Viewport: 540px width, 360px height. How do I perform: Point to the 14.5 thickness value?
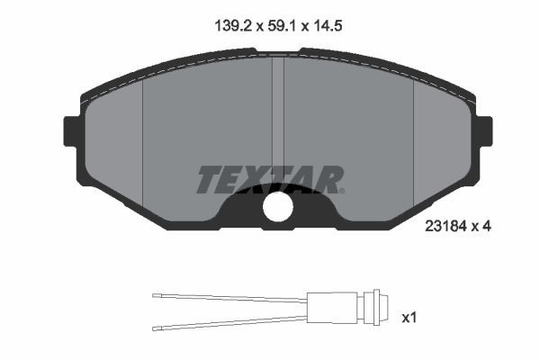pyautogui.click(x=328, y=28)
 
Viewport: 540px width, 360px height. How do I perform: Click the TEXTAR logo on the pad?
pyautogui.click(x=269, y=179)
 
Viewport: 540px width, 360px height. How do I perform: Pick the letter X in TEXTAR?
pyautogui.click(x=259, y=179)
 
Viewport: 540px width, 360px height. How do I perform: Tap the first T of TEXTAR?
pyautogui.click(x=208, y=179)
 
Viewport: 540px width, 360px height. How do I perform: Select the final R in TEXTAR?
pyautogui.click(x=328, y=179)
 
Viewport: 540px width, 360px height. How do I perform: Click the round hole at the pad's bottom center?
pyautogui.click(x=278, y=208)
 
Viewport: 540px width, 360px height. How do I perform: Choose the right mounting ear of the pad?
pyautogui.click(x=484, y=132)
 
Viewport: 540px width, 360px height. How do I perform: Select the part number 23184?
pyautogui.click(x=446, y=229)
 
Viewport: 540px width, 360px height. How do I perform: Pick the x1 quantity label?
pyautogui.click(x=409, y=317)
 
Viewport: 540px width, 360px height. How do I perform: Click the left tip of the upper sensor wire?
pyautogui.click(x=155, y=295)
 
